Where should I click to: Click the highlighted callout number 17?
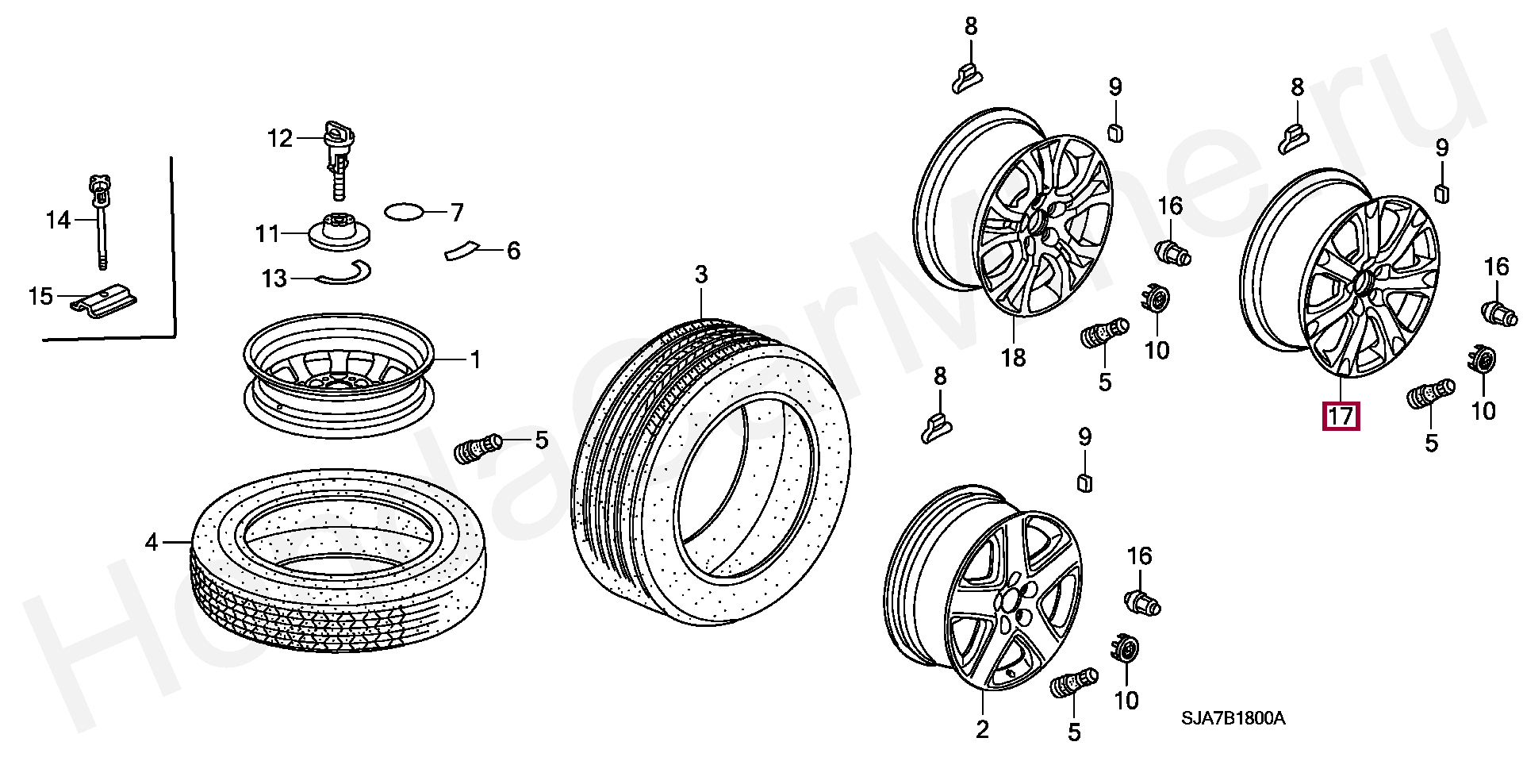tap(1340, 416)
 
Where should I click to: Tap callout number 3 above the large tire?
tap(701, 275)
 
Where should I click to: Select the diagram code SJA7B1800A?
tap(1233, 718)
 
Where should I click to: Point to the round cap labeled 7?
tap(404, 212)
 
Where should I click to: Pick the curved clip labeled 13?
tap(343, 274)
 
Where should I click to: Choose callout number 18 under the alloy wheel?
tap(1013, 358)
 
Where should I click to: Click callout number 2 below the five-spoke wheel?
tap(982, 728)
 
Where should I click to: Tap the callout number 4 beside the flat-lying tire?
tap(152, 543)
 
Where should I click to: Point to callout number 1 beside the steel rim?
tap(475, 360)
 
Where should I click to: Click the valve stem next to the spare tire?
tap(477, 450)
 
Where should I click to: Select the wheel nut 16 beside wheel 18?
tap(1173, 253)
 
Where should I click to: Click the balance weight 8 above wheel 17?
tap(1294, 137)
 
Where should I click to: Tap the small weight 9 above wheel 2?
tap(1084, 481)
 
